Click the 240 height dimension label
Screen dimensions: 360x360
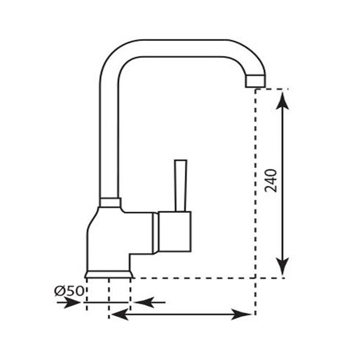271,181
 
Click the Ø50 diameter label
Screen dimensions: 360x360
69,291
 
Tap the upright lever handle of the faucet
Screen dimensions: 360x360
181,185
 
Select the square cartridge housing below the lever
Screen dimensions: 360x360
175,231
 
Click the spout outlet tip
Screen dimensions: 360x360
256,81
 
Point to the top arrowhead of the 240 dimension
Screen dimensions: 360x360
282,100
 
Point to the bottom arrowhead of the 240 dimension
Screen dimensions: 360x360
282,266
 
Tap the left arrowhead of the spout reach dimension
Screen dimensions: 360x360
119,314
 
